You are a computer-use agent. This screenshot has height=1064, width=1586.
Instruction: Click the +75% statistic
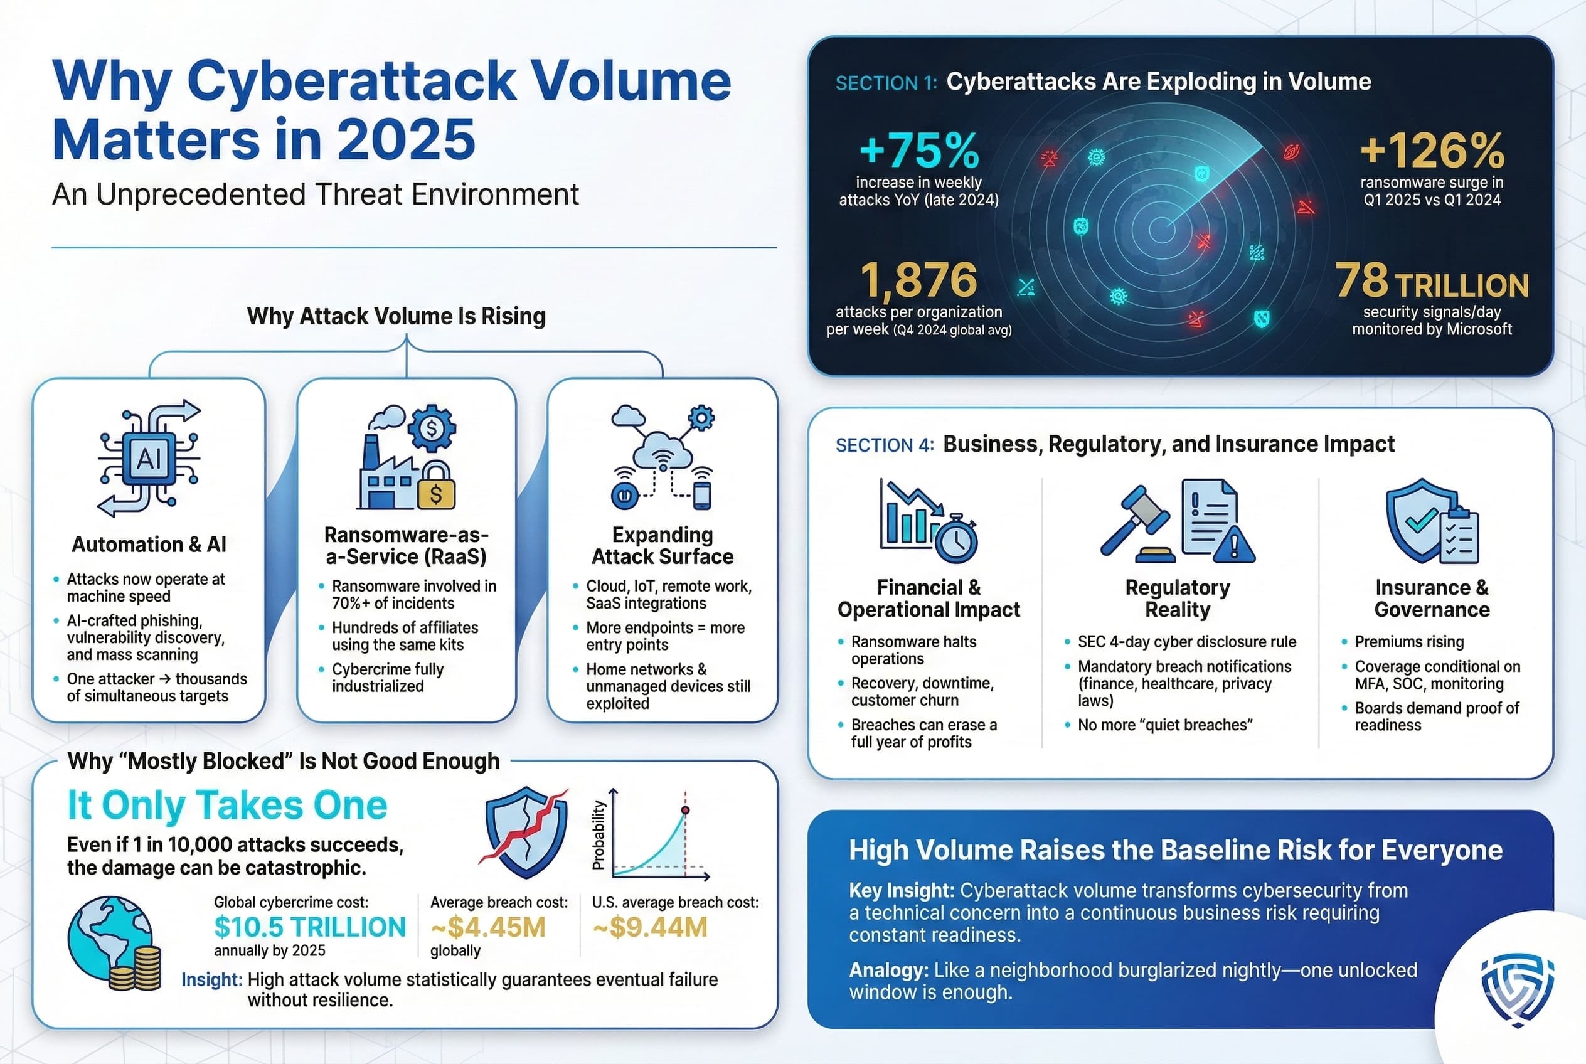tap(919, 150)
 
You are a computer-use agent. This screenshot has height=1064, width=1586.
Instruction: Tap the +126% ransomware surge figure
tap(1432, 150)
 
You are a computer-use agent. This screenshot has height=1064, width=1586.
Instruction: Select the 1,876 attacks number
tap(919, 280)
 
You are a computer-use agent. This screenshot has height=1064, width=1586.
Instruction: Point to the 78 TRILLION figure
tap(1432, 281)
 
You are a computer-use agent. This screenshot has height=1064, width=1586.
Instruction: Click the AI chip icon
tap(149, 459)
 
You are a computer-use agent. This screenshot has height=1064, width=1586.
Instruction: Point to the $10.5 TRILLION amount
tap(309, 927)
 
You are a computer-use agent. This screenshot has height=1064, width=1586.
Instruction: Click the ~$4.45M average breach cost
tap(488, 927)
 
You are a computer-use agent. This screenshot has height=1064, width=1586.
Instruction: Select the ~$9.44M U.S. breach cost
tap(649, 927)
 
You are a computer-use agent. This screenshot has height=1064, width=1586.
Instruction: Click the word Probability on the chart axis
tap(598, 834)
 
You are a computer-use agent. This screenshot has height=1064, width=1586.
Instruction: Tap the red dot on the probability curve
tap(686, 810)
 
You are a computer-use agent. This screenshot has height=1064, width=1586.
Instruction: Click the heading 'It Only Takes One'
tap(227, 806)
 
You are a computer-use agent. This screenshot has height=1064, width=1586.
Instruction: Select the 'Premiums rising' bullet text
tap(1409, 641)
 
